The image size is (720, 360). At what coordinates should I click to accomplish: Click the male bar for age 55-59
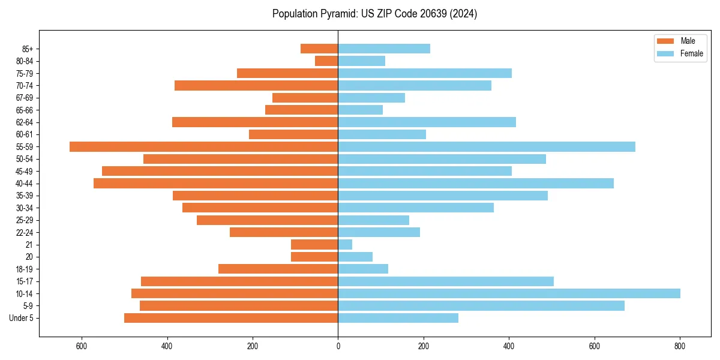click(x=204, y=147)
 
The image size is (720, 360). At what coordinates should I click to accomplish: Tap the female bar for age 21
click(x=345, y=245)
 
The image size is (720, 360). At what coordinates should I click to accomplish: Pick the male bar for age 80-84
click(x=326, y=61)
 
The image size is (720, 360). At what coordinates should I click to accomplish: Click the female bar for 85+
click(x=384, y=49)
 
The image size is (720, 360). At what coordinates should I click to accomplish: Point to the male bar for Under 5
click(x=231, y=318)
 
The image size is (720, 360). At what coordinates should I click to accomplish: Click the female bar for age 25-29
click(x=373, y=220)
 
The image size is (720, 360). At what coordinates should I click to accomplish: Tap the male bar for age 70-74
click(x=256, y=86)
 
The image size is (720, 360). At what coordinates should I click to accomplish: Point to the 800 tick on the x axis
click(x=680, y=346)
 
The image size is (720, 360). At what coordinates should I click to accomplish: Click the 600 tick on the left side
click(x=82, y=346)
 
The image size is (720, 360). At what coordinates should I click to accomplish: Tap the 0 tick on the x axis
click(x=338, y=346)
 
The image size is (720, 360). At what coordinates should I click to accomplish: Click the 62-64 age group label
click(x=24, y=122)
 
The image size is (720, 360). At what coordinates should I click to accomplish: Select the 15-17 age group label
click(x=24, y=281)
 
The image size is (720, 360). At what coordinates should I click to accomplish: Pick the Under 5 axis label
click(x=21, y=318)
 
